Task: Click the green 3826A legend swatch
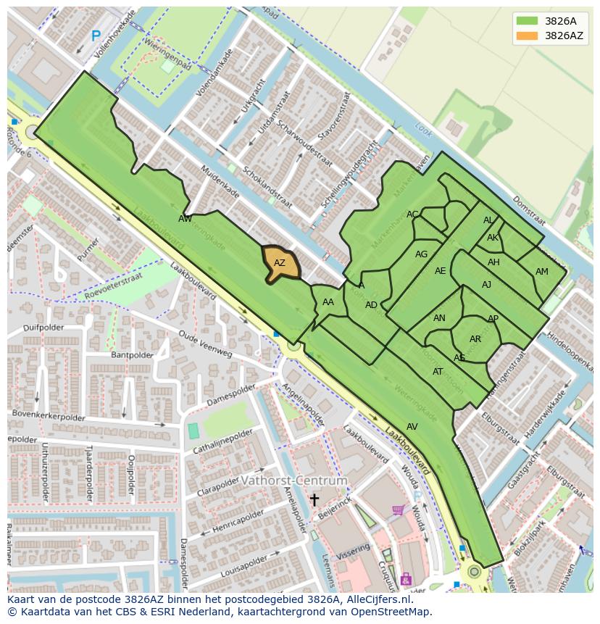[527, 21]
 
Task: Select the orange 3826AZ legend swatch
[527, 36]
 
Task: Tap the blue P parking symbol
[96, 35]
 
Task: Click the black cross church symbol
[314, 499]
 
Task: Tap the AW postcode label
[186, 218]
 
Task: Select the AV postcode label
[412, 426]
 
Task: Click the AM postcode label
[542, 272]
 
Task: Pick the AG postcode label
[421, 254]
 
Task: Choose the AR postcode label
[475, 339]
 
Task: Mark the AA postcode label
[328, 302]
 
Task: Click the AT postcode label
[438, 372]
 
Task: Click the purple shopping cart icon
[398, 509]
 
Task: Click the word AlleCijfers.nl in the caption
[376, 599]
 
